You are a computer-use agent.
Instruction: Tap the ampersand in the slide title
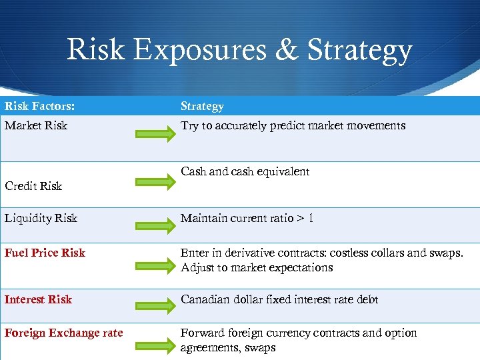tap(289, 50)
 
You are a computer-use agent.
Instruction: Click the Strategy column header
tap(202, 106)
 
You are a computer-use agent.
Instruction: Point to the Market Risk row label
tap(36, 125)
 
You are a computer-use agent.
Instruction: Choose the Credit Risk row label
tap(33, 186)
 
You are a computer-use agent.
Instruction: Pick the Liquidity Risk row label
tap(41, 218)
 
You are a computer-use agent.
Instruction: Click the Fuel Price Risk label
tap(45, 253)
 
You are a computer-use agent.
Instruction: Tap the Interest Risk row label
tap(38, 299)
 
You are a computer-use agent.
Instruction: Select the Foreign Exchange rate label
tap(64, 333)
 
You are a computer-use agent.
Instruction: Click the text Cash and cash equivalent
tap(245, 171)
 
